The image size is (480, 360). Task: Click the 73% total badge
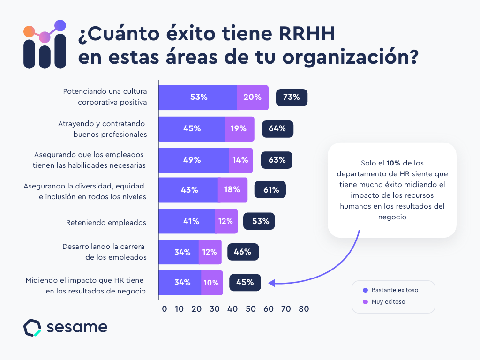[x=292, y=97]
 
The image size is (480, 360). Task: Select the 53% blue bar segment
[x=198, y=97]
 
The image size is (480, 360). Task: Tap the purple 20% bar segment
[x=253, y=97]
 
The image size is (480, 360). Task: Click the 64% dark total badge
[x=277, y=129]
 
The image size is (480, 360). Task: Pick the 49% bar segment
[x=193, y=160]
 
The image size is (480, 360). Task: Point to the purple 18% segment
[x=232, y=190]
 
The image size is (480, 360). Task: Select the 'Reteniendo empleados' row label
[x=106, y=223]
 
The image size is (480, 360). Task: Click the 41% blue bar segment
[x=187, y=221]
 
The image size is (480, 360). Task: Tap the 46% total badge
[x=243, y=252]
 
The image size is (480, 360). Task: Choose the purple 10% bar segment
[x=212, y=283]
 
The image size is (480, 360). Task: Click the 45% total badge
[x=245, y=283]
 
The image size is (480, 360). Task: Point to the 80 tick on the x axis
[x=304, y=309]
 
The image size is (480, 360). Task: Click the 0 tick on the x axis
[x=164, y=309]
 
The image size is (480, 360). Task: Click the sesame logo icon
[x=32, y=328]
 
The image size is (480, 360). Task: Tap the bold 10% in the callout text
[x=393, y=163]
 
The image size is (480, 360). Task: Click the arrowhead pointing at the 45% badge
[x=271, y=283]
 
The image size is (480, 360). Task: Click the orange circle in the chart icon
[x=29, y=32]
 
